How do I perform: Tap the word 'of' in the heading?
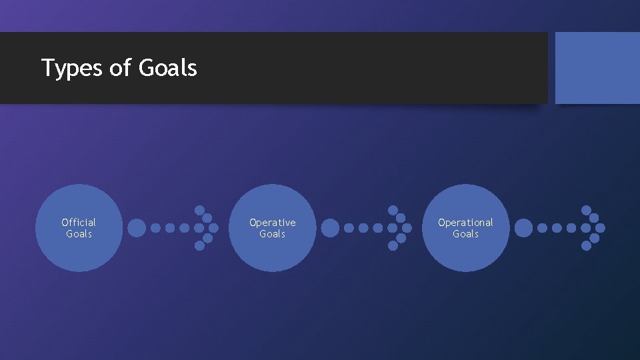tap(120, 67)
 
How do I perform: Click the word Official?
tap(79, 222)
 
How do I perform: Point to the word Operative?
tap(272, 222)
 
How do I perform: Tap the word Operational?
tap(465, 222)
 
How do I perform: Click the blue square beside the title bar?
tap(597, 68)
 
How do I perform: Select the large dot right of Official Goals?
tap(136, 228)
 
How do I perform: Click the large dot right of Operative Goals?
tap(330, 228)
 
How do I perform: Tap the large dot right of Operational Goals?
tap(523, 228)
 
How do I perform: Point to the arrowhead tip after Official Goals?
tap(213, 228)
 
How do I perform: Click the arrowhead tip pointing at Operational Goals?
tap(407, 228)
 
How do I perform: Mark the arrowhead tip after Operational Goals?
tap(600, 228)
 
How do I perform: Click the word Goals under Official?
tap(79, 234)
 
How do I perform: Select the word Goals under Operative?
tap(272, 234)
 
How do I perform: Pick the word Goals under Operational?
tap(465, 234)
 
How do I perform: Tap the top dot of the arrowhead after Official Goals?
tap(199, 210)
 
